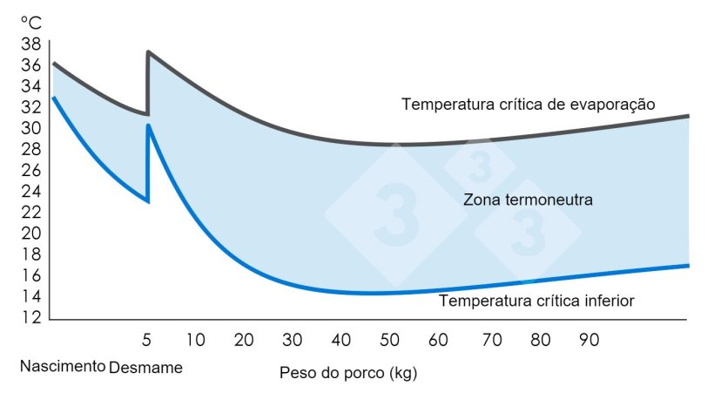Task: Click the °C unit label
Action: click(x=31, y=23)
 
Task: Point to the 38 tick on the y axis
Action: click(x=31, y=44)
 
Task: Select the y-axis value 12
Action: click(x=31, y=317)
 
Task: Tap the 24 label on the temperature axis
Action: click(x=31, y=191)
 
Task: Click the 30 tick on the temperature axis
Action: click(x=31, y=128)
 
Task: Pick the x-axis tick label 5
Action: click(x=147, y=339)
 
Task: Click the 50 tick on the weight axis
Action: click(x=389, y=339)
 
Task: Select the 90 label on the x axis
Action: click(x=589, y=339)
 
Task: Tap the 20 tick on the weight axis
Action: click(x=244, y=339)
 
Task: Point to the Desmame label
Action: click(x=146, y=367)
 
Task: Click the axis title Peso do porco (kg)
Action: click(x=348, y=374)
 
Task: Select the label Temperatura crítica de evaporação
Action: click(x=528, y=104)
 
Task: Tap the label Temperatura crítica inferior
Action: click(x=536, y=302)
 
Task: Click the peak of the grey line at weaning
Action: click(x=149, y=52)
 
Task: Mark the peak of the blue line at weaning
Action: click(x=149, y=125)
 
